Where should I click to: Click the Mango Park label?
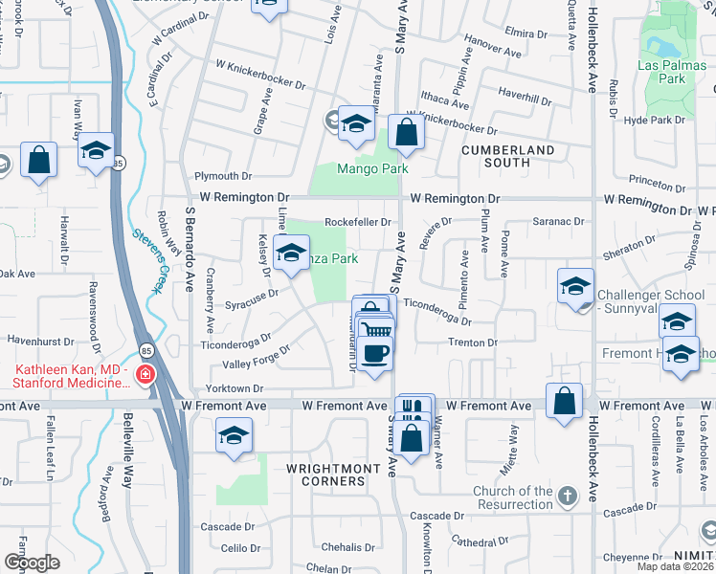(x=372, y=169)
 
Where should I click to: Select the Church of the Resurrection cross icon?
(x=568, y=496)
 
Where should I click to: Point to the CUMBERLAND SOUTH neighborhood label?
(x=507, y=157)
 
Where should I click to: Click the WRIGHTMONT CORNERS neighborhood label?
(x=326, y=475)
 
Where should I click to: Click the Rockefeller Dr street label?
(x=358, y=222)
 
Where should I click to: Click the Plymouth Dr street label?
(x=222, y=176)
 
